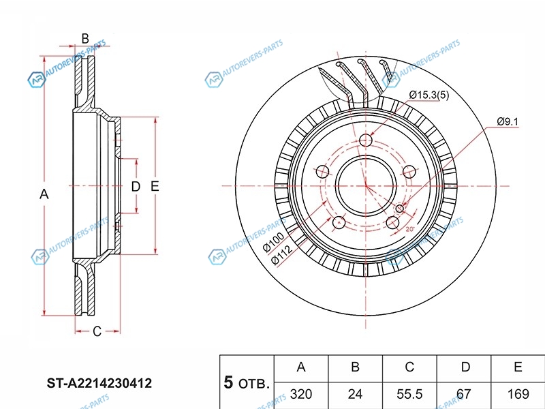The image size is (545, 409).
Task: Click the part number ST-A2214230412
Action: pyautogui.click(x=99, y=383)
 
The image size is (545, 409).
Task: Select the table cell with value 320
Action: pyautogui.click(x=300, y=395)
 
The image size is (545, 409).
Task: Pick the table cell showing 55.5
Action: pyautogui.click(x=409, y=395)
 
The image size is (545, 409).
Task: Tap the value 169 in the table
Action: pyautogui.click(x=518, y=395)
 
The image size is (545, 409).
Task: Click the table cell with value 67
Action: pyautogui.click(x=465, y=395)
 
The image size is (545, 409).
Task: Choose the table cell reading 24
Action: pyautogui.click(x=355, y=395)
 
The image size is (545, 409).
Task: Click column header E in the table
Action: pyautogui.click(x=518, y=367)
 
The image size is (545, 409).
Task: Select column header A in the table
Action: pyautogui.click(x=300, y=367)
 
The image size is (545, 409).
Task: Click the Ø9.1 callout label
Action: pyautogui.click(x=508, y=121)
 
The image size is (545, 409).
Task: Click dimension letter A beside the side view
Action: pyautogui.click(x=44, y=194)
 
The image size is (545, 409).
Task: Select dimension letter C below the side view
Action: pyautogui.click(x=97, y=331)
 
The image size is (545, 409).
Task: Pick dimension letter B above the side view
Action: pyautogui.click(x=85, y=38)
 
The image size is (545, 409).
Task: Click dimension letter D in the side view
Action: pyautogui.click(x=136, y=186)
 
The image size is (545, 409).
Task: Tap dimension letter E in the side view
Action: pyautogui.click(x=155, y=186)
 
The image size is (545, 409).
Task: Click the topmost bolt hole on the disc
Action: pyautogui.click(x=366, y=141)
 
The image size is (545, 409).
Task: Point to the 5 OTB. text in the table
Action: pyautogui.click(x=247, y=382)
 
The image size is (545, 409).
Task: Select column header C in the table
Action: pyautogui.click(x=409, y=367)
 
